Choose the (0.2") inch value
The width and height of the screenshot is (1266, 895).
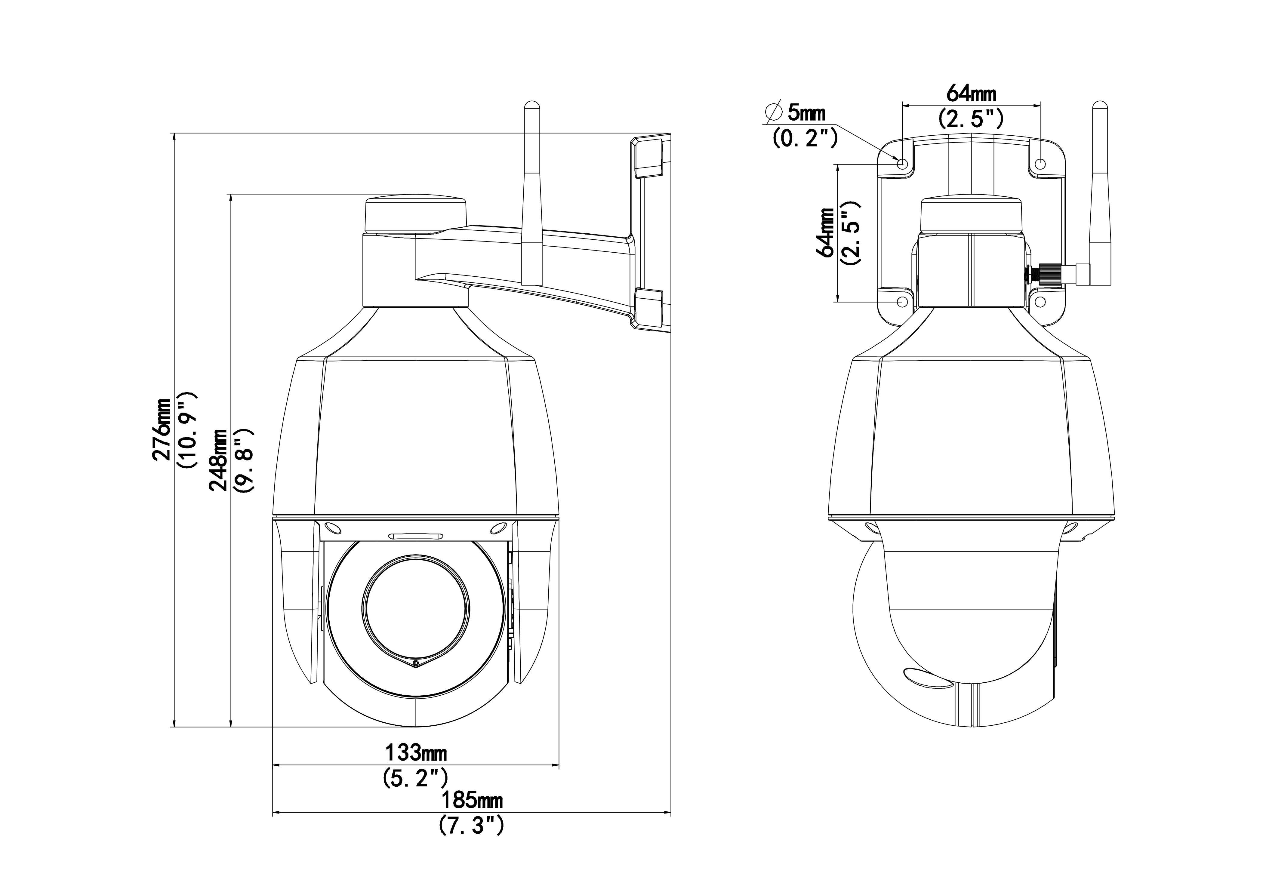coord(805,138)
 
